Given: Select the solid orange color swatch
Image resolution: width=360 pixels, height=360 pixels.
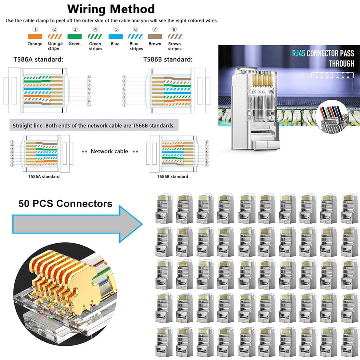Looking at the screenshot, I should click(x=35, y=36).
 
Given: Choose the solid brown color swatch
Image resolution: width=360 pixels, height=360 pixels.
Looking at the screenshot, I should click(x=155, y=36).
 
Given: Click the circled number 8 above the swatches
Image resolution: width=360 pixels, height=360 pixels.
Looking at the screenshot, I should click(x=174, y=29).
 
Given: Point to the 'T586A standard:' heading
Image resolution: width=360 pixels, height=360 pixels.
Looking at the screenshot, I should click(x=38, y=60).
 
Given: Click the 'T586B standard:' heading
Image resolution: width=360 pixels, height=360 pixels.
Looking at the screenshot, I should click(x=168, y=60).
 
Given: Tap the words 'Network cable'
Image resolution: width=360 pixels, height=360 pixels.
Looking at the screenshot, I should click(x=109, y=151).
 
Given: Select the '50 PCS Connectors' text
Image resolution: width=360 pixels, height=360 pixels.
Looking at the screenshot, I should click(x=65, y=203).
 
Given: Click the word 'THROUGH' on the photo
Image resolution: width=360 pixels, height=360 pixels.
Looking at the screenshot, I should click(x=341, y=64).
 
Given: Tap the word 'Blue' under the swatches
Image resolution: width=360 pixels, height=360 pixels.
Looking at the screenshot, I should click(x=115, y=44).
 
